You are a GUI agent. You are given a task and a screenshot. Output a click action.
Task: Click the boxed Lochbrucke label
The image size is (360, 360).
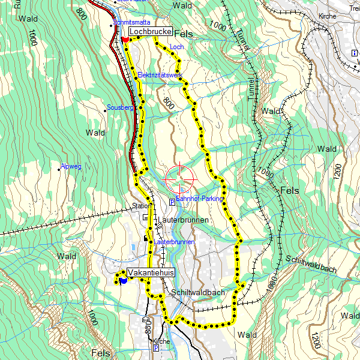point(151,31)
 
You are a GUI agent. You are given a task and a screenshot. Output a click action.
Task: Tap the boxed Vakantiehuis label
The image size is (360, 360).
point(151,272)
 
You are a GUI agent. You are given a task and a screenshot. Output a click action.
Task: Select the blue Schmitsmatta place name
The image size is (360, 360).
point(131,22)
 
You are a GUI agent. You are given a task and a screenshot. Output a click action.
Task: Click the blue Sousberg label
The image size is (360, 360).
point(119,107)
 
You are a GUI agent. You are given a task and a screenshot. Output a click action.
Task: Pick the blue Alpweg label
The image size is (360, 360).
point(71,166)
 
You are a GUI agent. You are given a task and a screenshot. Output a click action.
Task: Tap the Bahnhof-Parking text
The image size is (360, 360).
point(200,199)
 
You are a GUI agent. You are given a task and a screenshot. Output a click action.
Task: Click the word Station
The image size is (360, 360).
point(142,206)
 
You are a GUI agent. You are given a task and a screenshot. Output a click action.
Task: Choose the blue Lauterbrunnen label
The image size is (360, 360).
point(174,242)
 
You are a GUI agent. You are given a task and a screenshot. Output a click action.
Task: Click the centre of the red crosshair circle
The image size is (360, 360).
point(180,178)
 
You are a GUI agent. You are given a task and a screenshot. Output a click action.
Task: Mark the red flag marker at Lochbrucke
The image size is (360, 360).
point(124,39)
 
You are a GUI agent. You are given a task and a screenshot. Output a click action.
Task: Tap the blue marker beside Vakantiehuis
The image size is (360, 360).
point(123,280)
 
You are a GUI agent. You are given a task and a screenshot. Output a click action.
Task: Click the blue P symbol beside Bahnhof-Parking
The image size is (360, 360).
point(172,202)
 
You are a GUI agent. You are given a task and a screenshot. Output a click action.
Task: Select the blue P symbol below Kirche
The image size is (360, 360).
point(155,348)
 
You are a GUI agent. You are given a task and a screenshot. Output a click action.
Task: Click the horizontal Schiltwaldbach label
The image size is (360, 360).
point(198,293)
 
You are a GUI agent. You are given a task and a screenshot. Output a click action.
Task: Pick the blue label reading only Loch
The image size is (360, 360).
point(176,46)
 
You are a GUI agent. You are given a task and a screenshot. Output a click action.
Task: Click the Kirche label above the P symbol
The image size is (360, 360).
point(161,341)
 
